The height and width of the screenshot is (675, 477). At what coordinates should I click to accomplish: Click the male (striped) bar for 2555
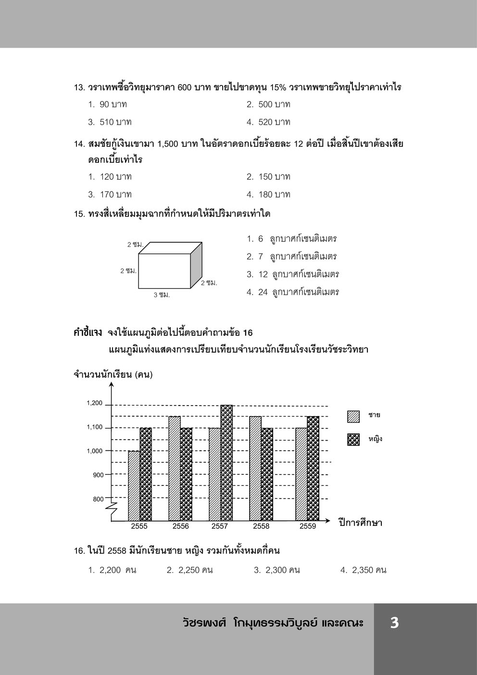coord(134,485)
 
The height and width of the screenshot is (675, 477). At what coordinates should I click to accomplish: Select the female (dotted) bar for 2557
coord(226,462)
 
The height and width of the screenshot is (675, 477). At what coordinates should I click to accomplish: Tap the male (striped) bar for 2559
coord(301,474)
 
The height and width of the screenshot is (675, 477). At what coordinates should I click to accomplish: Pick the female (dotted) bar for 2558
coord(267,474)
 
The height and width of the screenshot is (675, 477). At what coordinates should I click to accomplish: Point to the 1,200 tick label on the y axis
coord(95,403)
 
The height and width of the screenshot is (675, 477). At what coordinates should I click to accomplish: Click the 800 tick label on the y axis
coord(98,499)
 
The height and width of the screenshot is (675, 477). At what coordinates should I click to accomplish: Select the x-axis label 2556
coord(180,526)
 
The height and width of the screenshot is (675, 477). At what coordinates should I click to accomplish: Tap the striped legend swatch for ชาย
coord(353,416)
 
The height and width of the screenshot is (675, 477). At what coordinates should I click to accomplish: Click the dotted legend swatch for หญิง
coord(353,439)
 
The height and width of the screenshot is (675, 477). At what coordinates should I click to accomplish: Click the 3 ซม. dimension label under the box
coord(162,294)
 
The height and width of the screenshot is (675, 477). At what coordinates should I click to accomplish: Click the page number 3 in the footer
coord(394,623)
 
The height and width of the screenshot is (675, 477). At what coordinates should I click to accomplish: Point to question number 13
coord(79,88)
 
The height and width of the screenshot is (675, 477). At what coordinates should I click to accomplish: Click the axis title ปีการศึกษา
coord(360,522)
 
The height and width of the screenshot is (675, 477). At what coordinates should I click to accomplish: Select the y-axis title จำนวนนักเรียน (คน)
coord(113,375)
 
